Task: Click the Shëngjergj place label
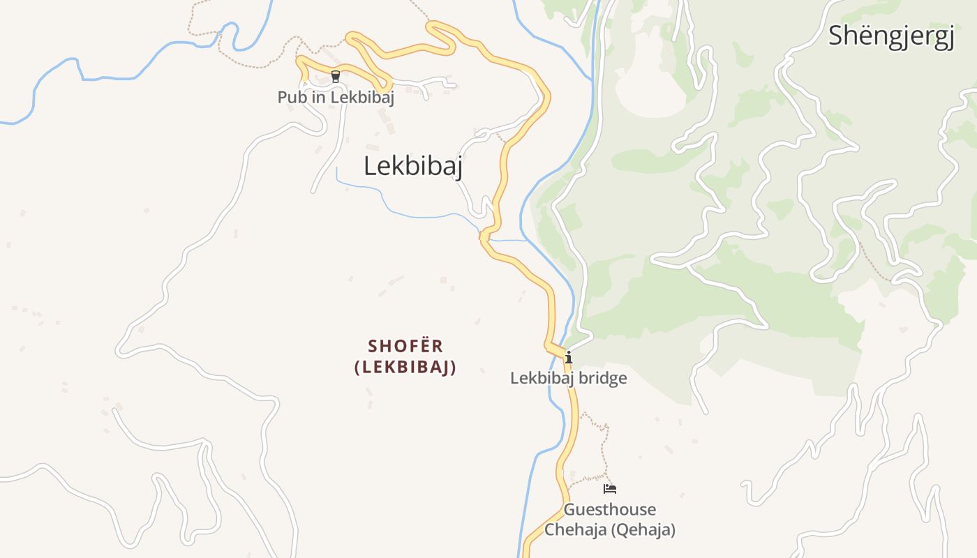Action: click(x=891, y=36)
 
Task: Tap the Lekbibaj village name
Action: click(x=413, y=166)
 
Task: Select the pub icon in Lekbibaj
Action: click(x=336, y=77)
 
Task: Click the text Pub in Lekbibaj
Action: click(x=336, y=98)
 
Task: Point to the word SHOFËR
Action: click(x=405, y=346)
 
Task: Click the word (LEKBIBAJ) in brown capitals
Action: click(x=405, y=368)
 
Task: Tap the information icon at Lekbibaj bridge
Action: click(x=569, y=358)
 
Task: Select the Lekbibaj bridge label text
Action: click(x=568, y=379)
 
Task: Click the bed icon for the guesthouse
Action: click(x=610, y=489)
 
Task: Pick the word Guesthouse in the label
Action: click(x=610, y=510)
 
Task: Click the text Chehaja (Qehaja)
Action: click(x=610, y=530)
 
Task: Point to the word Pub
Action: click(x=292, y=98)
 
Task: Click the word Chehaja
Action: click(x=576, y=530)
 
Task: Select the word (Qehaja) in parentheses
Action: click(x=643, y=530)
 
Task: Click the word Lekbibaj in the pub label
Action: click(x=362, y=98)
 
